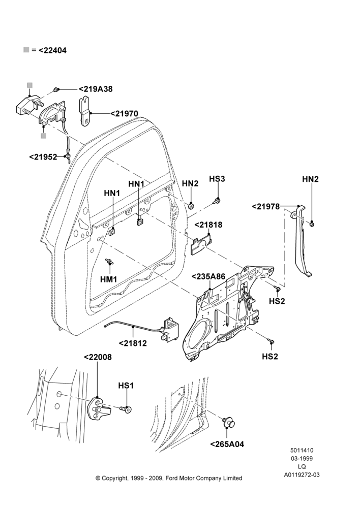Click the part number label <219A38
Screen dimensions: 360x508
pyautogui.click(x=96, y=89)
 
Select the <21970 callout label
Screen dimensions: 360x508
pyautogui.click(x=124, y=114)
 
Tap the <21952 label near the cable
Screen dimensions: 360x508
pyautogui.click(x=43, y=157)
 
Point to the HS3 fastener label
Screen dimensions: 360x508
pyautogui.click(x=217, y=179)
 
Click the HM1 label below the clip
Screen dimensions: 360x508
pyautogui.click(x=109, y=278)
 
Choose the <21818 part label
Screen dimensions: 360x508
pyautogui.click(x=208, y=225)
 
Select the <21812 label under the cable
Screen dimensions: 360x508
pyautogui.click(x=133, y=343)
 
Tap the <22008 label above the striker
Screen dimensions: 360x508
pyautogui.click(x=98, y=357)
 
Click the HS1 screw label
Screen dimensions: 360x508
pyautogui.click(x=126, y=386)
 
